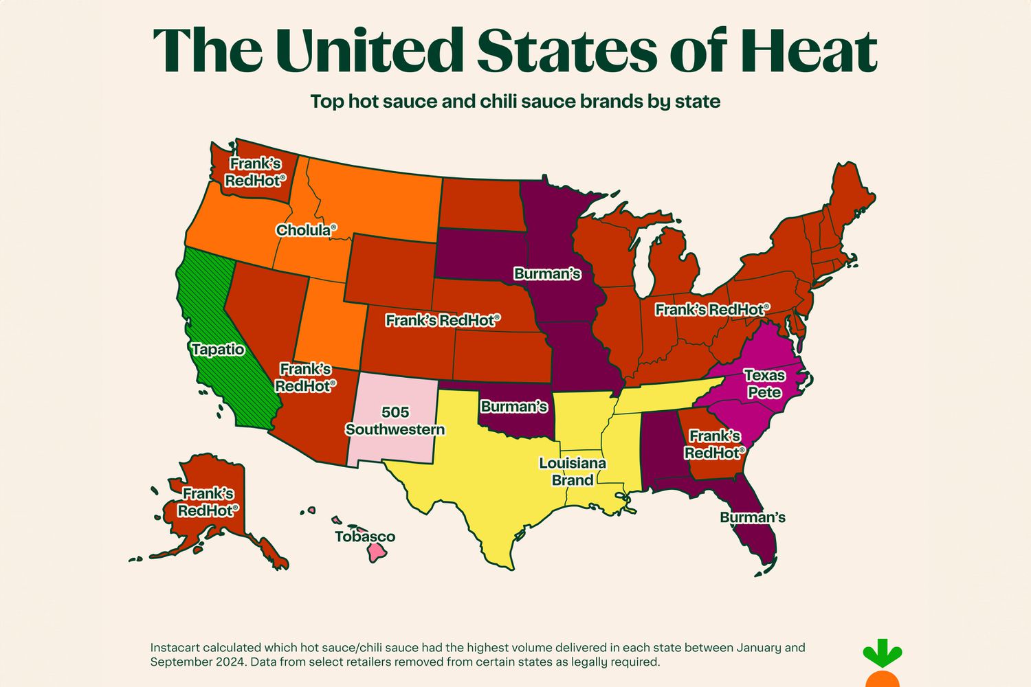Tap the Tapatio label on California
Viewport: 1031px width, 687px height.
(x=218, y=350)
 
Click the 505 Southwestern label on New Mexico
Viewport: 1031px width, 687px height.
(x=395, y=421)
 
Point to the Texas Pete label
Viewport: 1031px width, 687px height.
(x=764, y=384)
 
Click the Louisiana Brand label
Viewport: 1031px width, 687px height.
(x=572, y=471)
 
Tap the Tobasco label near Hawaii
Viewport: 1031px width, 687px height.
(x=365, y=537)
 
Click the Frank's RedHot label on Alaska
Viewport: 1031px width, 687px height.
(x=208, y=502)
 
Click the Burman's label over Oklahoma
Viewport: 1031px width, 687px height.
(x=513, y=407)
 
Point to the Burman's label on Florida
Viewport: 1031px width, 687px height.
(x=752, y=517)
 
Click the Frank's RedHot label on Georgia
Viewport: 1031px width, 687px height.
(x=714, y=444)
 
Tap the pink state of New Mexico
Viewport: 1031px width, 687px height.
(x=392, y=447)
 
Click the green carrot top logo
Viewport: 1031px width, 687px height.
(x=883, y=655)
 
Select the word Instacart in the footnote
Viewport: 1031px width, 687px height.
(x=175, y=648)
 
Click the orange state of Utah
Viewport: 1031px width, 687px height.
(x=330, y=323)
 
